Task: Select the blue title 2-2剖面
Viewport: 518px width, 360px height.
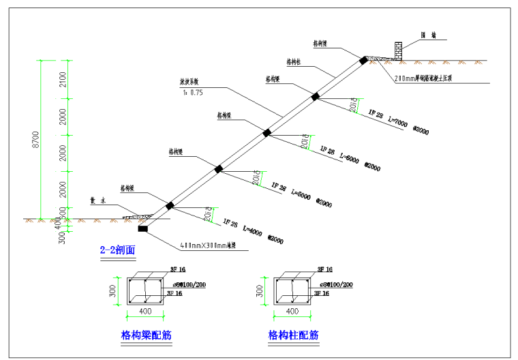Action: (118, 250)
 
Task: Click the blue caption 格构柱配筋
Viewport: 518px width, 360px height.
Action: (293, 335)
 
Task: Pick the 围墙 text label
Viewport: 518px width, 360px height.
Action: (428, 35)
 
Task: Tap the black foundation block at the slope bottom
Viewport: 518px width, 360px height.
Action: (142, 228)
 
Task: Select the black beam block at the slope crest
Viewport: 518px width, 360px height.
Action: (363, 60)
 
